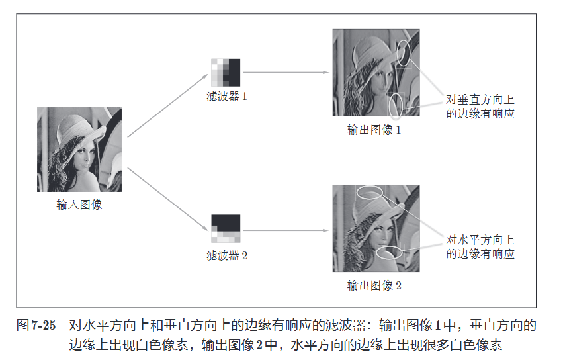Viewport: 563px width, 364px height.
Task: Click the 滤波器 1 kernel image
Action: click(x=226, y=73)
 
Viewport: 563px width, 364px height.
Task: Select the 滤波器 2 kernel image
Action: click(x=226, y=228)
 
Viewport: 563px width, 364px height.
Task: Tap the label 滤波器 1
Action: click(x=226, y=97)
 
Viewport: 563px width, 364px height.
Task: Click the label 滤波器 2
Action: click(x=226, y=255)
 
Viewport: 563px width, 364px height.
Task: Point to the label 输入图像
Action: click(x=79, y=205)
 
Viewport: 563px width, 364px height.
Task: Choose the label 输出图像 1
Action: click(x=374, y=130)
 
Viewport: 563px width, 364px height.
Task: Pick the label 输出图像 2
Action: click(x=374, y=285)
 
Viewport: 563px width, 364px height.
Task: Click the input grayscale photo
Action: click(x=79, y=149)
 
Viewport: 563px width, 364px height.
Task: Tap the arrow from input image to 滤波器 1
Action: click(x=167, y=106)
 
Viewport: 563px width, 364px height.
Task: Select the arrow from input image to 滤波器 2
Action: click(x=167, y=199)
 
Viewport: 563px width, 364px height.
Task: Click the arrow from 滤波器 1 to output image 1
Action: click(x=286, y=73)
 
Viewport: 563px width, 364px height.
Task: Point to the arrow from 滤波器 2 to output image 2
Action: click(x=286, y=230)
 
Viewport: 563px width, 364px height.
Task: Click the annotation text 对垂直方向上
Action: click(x=480, y=99)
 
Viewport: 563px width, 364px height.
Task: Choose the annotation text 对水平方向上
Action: click(x=480, y=240)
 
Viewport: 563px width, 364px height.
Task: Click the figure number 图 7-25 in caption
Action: click(x=36, y=325)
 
